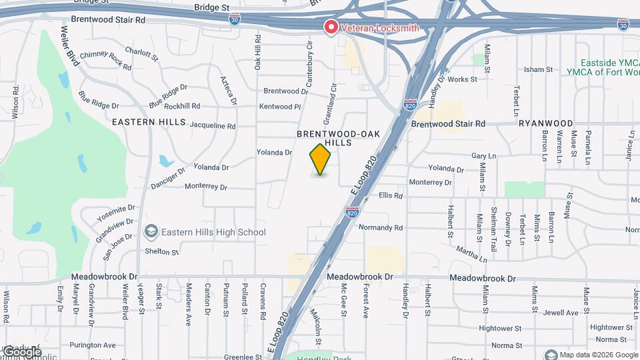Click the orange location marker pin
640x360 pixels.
pos(321,160)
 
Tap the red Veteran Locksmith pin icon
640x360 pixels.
pos(330,27)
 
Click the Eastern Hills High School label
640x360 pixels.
pos(213,232)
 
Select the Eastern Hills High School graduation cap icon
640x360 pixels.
pos(151,231)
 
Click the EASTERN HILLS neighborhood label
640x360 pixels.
pos(143,122)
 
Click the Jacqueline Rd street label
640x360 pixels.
pos(212,125)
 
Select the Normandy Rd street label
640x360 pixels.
pos(381,227)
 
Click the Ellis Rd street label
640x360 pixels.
pos(391,196)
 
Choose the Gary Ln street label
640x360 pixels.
pos(484,155)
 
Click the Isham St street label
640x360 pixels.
pos(538,69)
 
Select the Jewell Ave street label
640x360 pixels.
pos(560,312)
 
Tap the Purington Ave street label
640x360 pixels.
pos(96,345)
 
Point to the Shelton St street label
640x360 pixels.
pos(162,252)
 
